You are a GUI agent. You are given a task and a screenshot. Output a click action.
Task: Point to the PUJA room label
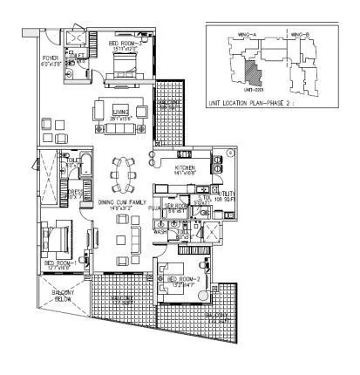[156, 209]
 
